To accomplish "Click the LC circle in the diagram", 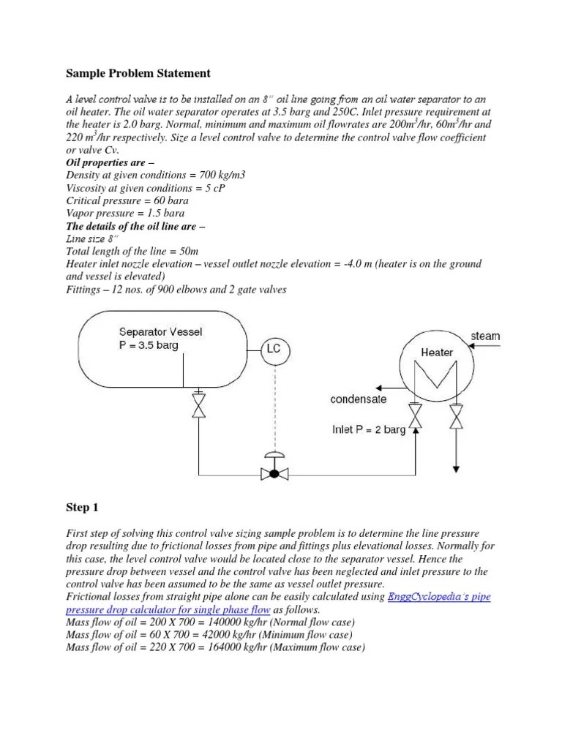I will pyautogui.click(x=272, y=349).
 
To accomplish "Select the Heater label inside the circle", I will pyautogui.click(x=436, y=352).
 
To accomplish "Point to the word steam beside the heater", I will pyautogui.click(x=484, y=336).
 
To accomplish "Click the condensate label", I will pyautogui.click(x=359, y=399).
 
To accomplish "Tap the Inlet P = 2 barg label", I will pyautogui.click(x=368, y=430).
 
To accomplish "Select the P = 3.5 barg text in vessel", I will pyautogui.click(x=146, y=345).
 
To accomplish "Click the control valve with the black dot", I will pyautogui.click(x=274, y=473).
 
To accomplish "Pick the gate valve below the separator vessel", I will pyautogui.click(x=198, y=406).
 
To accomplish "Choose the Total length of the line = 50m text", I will pyautogui.click(x=127, y=251).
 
